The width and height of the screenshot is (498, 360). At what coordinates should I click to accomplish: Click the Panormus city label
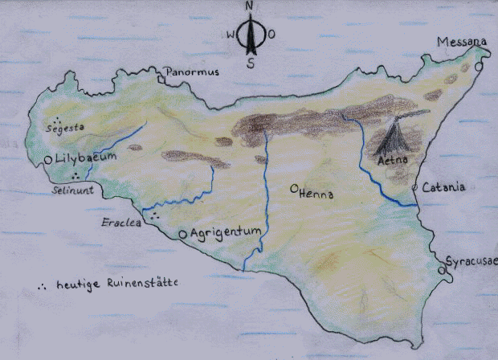coord(194,74)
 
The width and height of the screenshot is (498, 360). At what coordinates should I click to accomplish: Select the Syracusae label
coord(471,262)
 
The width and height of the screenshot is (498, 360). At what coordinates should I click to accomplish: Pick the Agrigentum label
coord(226,232)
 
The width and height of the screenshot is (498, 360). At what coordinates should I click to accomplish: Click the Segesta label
coord(66,127)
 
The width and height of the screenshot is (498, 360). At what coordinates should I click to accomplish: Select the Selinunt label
coord(73,191)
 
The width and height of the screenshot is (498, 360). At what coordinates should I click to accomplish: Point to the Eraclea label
coord(119,222)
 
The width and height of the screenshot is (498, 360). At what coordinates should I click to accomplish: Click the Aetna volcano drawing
coord(396,141)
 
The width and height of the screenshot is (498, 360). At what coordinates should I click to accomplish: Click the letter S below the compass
coord(251,65)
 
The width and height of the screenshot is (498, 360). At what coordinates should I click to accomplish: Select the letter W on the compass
coord(231,35)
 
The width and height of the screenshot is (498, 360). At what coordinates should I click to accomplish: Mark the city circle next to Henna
coord(295,190)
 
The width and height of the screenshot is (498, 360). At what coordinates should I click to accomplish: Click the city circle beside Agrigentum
coord(183,234)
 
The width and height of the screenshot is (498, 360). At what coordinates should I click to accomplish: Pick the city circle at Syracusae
coord(442,271)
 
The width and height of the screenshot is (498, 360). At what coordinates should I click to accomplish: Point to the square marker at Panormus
coord(161,80)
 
